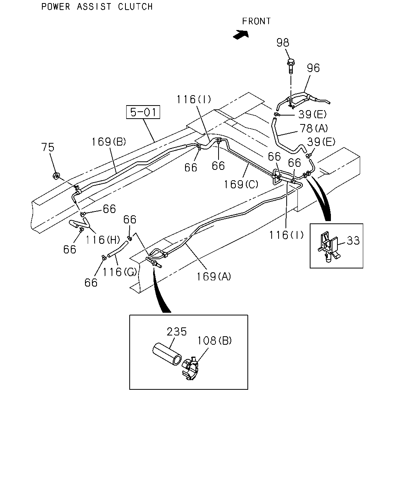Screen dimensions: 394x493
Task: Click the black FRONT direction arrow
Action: (x=241, y=35)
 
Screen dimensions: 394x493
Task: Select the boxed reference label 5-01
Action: (x=143, y=112)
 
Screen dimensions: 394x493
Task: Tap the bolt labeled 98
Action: (x=290, y=66)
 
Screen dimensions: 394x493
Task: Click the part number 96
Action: (x=313, y=68)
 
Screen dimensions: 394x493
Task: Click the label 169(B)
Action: (x=109, y=142)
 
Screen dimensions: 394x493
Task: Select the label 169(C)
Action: (x=241, y=184)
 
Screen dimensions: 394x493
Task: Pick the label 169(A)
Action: (x=214, y=276)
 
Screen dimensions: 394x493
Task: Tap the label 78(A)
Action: (x=314, y=128)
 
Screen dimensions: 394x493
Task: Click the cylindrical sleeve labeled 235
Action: (x=167, y=354)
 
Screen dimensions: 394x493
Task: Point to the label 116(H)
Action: (x=103, y=240)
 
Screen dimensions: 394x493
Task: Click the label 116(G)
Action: (x=120, y=272)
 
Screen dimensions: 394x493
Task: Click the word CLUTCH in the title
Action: (x=135, y=7)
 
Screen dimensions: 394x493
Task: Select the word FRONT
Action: (x=256, y=21)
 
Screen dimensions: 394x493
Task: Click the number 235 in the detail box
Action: (x=177, y=332)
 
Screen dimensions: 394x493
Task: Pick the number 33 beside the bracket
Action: (x=353, y=240)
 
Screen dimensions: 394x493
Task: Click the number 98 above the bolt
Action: (x=283, y=43)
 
